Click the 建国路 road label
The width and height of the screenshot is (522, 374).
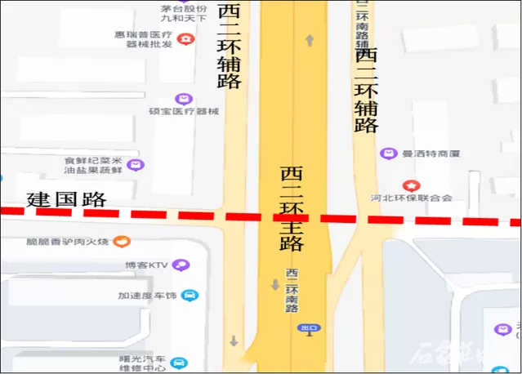tap(67, 198)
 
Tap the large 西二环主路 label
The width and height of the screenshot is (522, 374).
tap(292, 208)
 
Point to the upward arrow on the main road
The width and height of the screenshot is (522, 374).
tap(310, 41)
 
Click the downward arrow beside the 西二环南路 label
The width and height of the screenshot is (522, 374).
tap(274, 285)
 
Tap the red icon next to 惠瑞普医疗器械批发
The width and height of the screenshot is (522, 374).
tap(187, 38)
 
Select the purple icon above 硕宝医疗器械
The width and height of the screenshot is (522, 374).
tap(185, 99)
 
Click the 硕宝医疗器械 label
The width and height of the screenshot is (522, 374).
tap(184, 111)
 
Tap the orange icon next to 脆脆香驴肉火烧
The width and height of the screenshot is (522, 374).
tap(121, 241)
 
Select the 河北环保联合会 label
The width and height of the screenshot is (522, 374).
tap(411, 198)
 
